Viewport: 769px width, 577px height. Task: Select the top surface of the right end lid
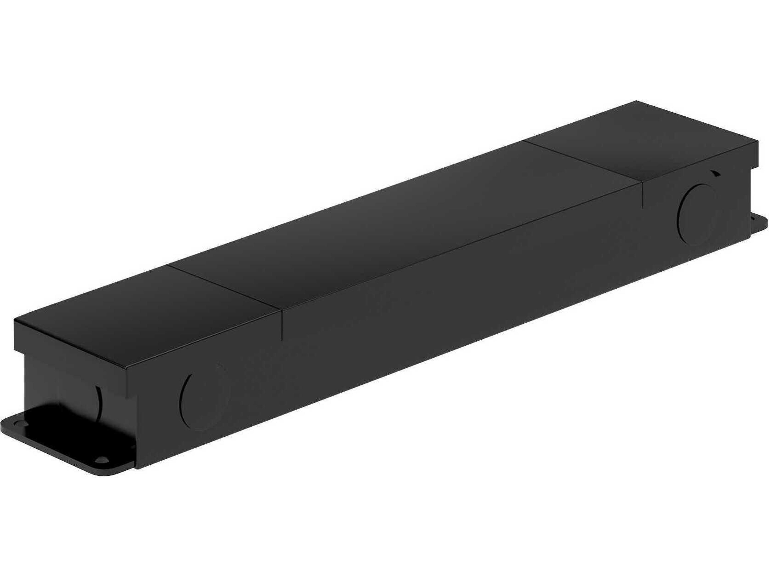pyautogui.click(x=643, y=139)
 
